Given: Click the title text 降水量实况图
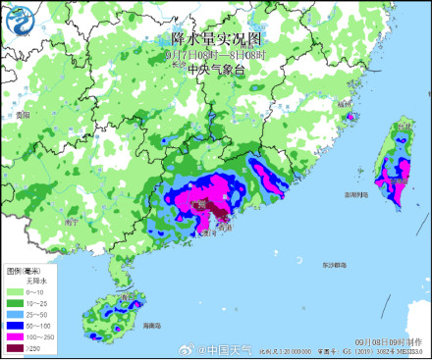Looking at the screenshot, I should coord(217,39).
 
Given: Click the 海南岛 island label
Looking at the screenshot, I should coord(151,324).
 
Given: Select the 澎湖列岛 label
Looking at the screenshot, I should coord(355,194).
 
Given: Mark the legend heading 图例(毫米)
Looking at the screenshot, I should coord(25,270).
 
